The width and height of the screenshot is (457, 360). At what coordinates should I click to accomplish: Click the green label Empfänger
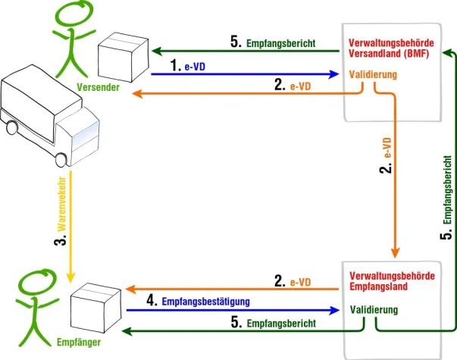(x=78, y=343)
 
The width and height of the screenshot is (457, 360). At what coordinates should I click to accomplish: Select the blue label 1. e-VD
(x=189, y=67)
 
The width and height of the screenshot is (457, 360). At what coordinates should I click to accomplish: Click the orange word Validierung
(x=374, y=74)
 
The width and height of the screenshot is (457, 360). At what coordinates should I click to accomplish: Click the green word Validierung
(x=374, y=309)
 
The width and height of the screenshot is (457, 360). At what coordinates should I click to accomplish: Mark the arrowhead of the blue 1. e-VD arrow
(x=334, y=74)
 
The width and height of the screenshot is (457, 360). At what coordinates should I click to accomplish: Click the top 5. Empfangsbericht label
(x=272, y=42)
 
